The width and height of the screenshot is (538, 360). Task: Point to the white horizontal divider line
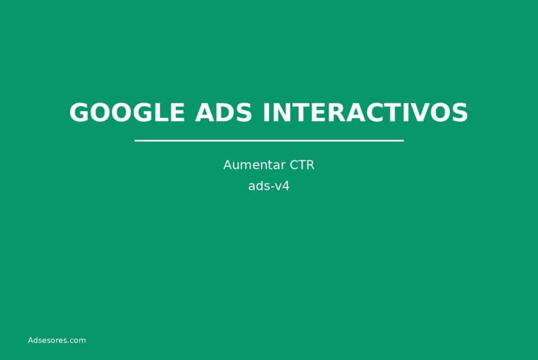tap(269, 140)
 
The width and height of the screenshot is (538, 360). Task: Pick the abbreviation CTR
tap(302, 165)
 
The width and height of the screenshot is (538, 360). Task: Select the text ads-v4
tap(269, 186)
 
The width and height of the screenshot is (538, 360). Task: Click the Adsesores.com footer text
tap(57, 340)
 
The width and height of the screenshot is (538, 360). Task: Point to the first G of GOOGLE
tap(80, 112)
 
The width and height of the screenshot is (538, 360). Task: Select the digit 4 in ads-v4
tap(286, 186)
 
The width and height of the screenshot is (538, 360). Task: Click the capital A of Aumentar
tap(227, 165)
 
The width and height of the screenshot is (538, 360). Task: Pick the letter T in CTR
tap(301, 165)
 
